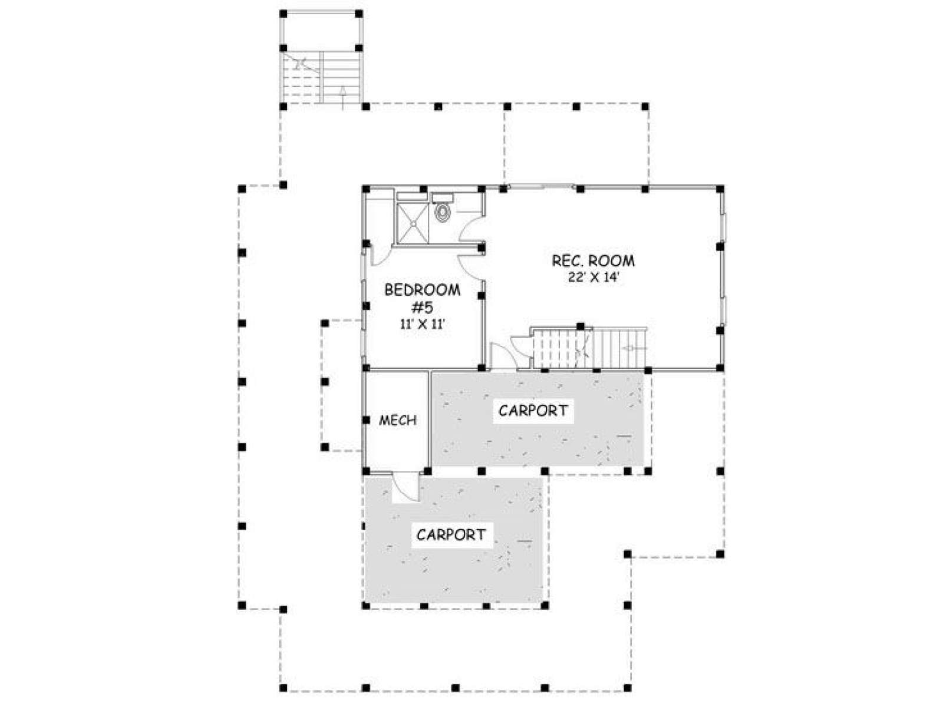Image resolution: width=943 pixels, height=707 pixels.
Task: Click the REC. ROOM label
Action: tap(593, 260)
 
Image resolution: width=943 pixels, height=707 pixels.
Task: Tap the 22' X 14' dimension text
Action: tap(594, 277)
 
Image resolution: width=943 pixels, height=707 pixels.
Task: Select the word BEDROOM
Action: tap(422, 290)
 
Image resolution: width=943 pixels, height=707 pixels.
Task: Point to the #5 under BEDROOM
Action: tap(423, 308)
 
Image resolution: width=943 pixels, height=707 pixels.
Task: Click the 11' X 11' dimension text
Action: tap(423, 325)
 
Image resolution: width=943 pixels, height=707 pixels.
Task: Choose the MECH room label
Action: tap(397, 420)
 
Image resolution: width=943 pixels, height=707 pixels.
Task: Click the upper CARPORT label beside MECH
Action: tap(533, 411)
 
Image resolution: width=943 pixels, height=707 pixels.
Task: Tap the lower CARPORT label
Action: tap(451, 534)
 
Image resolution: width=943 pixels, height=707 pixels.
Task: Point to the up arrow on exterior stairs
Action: tap(342, 97)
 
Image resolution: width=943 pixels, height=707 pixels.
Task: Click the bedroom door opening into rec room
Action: tap(471, 268)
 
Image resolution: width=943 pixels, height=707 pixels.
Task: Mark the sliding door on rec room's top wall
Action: tap(541, 187)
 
